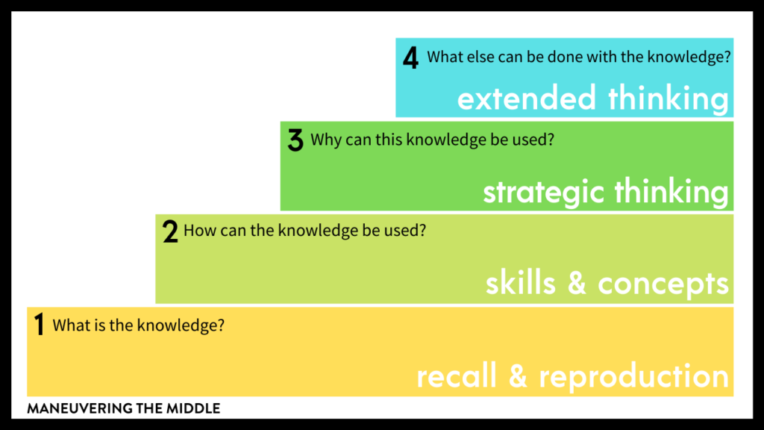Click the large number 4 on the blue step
coord(410,58)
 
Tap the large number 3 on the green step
coord(295,141)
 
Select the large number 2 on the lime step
coord(170,231)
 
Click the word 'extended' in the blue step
coord(527,98)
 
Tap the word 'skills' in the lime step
coord(520,283)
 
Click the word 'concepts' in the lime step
coord(663,284)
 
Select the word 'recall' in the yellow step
coord(457,376)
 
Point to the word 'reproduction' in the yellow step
coord(634,377)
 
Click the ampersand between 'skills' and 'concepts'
coord(577,283)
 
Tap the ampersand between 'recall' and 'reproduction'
coord(518,376)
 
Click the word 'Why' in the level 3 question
coord(325,140)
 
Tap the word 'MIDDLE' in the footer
coord(193,408)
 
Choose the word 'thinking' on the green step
coord(671,192)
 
